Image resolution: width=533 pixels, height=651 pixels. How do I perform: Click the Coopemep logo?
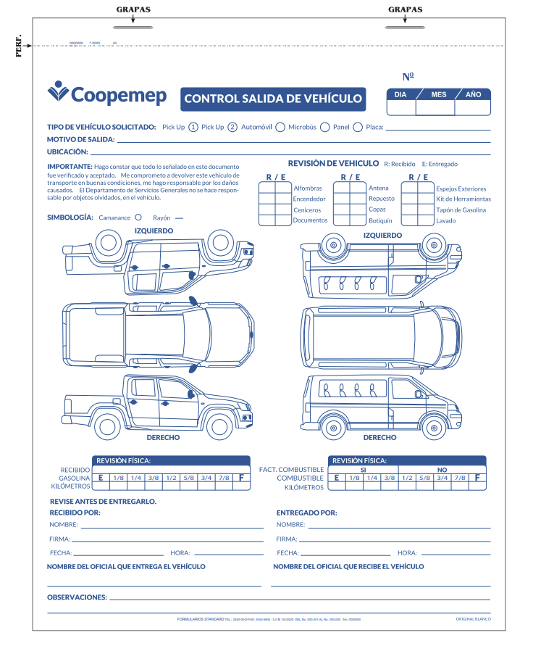coord(106,94)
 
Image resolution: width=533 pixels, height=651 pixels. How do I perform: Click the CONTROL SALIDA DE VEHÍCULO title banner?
coord(272,99)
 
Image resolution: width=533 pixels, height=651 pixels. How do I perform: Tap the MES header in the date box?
coord(439,94)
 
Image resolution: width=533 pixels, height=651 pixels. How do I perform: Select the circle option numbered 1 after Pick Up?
coord(193,127)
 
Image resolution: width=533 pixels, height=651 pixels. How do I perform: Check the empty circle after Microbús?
coord(325,127)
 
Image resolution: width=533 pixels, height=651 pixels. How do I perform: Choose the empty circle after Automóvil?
coord(280,127)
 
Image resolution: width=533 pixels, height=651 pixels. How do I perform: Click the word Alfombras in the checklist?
coord(308,188)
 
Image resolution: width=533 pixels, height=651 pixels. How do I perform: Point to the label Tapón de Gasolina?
coord(461,210)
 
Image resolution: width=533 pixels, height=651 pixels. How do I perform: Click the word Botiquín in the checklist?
coord(380,220)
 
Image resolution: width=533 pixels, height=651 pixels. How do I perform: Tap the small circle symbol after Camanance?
coord(138,217)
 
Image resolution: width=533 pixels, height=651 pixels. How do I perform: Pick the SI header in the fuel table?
coord(364,470)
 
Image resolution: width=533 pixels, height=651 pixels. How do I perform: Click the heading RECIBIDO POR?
coord(75,513)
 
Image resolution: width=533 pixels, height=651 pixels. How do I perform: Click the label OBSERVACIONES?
coord(77,597)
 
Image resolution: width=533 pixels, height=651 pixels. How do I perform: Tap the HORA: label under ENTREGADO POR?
coord(407,553)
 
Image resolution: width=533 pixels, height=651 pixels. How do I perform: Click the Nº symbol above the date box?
coord(408,77)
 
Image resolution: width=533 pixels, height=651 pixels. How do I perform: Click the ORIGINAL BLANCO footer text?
coord(474,618)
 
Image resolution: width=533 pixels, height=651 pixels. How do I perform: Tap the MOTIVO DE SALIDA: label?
coord(80,139)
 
